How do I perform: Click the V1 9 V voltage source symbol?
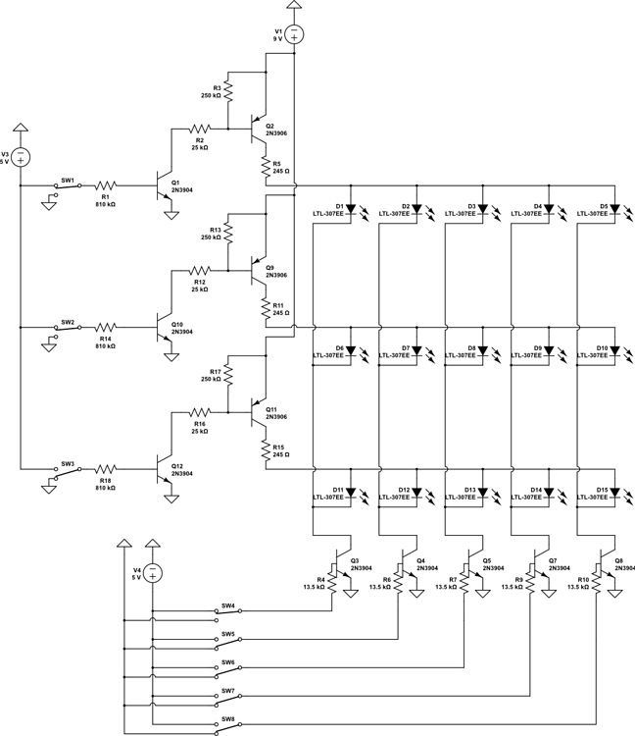[x=294, y=34]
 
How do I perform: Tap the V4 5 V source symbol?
[x=153, y=574]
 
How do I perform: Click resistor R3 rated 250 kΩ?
[x=227, y=91]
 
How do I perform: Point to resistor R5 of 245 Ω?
[x=265, y=166]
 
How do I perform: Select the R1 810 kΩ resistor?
[x=105, y=184]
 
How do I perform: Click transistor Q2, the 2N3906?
[x=261, y=128]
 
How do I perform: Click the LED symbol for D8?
[x=482, y=350]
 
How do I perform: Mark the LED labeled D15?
[x=614, y=491]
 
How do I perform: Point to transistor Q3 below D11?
[x=343, y=565]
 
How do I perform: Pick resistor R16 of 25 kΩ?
[x=200, y=412]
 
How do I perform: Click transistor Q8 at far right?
[x=608, y=565]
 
